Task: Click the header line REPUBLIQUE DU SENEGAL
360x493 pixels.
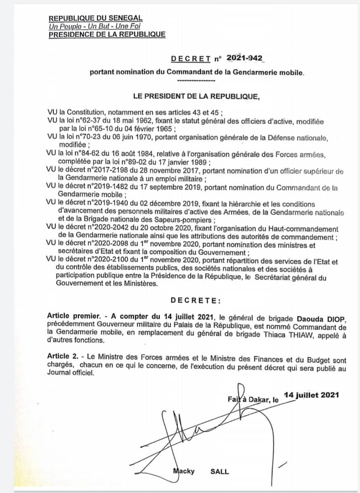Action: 95,18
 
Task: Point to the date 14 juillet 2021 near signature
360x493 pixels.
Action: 311,395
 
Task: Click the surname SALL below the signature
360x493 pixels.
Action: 219,471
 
